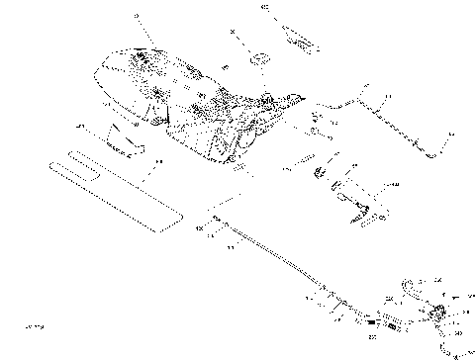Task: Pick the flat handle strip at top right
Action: (x=297, y=39)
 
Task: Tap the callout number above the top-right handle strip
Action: (x=263, y=8)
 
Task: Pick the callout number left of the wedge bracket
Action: (x=84, y=126)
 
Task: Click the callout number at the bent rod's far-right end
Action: (x=450, y=135)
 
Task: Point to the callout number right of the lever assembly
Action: (x=396, y=185)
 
